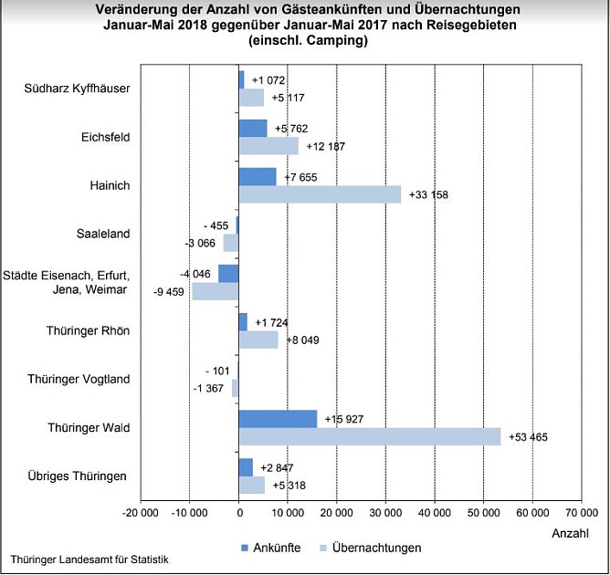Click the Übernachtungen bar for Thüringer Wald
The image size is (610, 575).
point(370,437)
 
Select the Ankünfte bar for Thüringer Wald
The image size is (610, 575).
point(278,418)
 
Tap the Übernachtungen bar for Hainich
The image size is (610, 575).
point(320,194)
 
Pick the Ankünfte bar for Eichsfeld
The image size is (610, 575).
point(253,128)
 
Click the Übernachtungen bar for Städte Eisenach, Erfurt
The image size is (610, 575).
point(216,291)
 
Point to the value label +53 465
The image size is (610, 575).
point(529,438)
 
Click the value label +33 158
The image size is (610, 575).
point(428,195)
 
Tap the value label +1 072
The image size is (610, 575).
point(268,80)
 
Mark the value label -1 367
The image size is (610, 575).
point(208,390)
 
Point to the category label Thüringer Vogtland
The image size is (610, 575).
point(79,379)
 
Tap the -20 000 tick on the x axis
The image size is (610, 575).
point(140,514)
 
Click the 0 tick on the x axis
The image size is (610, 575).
point(238,514)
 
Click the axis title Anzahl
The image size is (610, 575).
point(570,532)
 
